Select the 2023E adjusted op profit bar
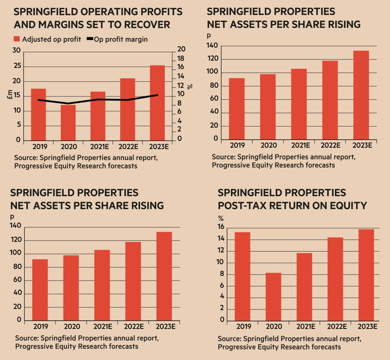pos(157,103)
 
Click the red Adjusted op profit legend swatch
pos(17,39)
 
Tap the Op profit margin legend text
pos(121,39)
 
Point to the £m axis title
pos(10,94)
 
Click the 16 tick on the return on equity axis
pos(221,227)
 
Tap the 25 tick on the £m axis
pos(17,66)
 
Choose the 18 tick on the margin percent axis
pos(181,58)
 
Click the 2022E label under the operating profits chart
pos(128,147)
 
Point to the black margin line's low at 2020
pos(68,103)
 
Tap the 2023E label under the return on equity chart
pos(367,327)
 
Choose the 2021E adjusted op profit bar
pos(98,116)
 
